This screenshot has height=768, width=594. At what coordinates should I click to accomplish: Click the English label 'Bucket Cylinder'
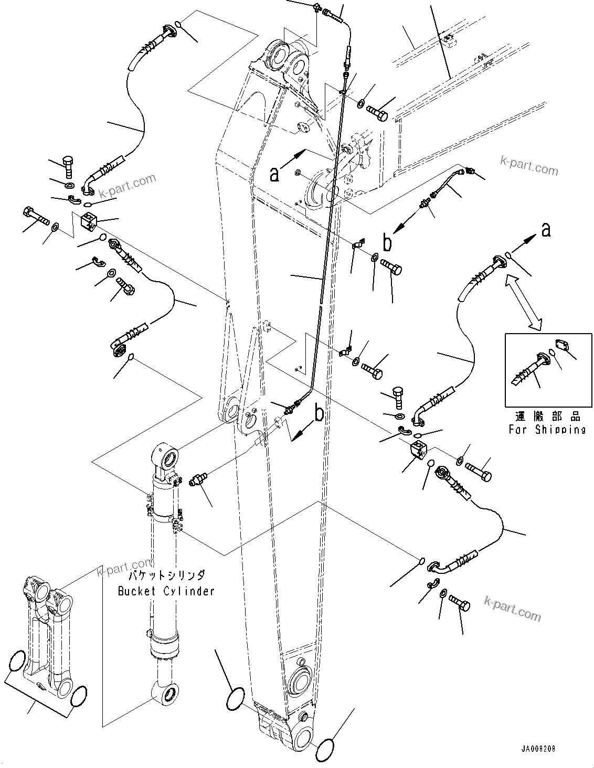point(166,591)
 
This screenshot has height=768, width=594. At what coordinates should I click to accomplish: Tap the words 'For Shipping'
point(547,430)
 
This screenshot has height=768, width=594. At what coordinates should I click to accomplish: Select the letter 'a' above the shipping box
point(546,229)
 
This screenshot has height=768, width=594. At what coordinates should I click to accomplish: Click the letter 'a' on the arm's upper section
point(274,174)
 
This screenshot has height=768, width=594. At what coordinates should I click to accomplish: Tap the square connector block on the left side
point(90,222)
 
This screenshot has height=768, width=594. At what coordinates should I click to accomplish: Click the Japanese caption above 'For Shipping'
point(547,417)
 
